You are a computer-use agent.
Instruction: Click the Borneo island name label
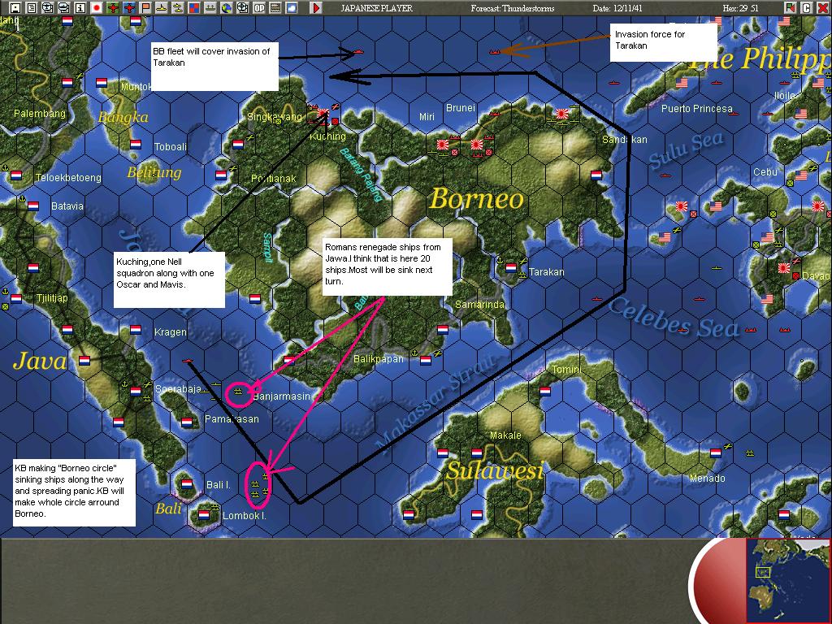click(x=476, y=199)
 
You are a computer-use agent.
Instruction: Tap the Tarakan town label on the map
click(x=546, y=272)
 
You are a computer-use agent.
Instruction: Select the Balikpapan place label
click(x=379, y=358)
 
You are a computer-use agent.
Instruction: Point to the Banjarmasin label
click(x=282, y=396)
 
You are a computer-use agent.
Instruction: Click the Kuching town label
click(x=327, y=136)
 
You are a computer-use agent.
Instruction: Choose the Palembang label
click(x=39, y=114)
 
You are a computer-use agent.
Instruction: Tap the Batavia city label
click(x=67, y=206)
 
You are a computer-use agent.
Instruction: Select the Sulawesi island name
click(x=494, y=471)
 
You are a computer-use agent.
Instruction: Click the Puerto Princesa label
click(x=696, y=108)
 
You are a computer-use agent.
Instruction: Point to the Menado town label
click(x=707, y=479)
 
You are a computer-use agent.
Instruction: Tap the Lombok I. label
click(x=245, y=516)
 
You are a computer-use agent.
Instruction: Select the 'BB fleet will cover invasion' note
click(x=214, y=66)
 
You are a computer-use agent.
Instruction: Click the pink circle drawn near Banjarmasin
click(x=238, y=392)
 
